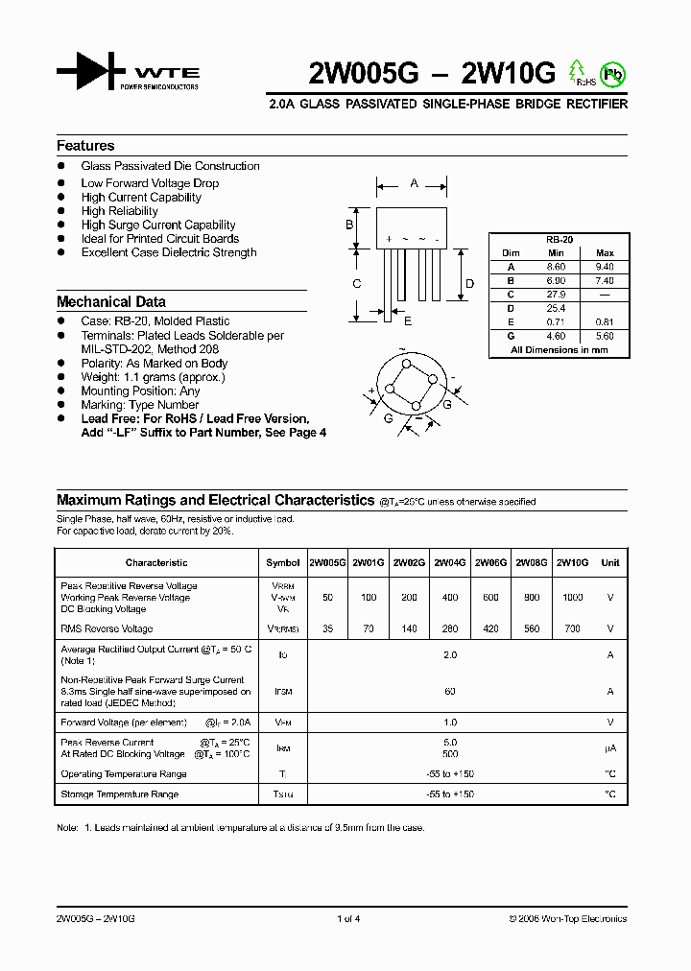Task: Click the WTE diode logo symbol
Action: tap(91, 73)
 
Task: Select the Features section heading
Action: tap(85, 146)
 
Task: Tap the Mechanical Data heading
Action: tap(110, 301)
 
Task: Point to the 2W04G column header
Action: tap(450, 562)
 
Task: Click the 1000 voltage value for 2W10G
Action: tap(572, 597)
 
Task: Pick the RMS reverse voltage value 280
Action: tap(450, 629)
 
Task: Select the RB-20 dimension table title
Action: tap(559, 240)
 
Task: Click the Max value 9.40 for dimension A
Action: tap(605, 267)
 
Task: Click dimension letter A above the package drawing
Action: tap(414, 182)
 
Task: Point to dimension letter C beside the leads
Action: tap(356, 283)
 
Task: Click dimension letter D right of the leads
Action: tap(469, 283)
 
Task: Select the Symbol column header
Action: tap(282, 562)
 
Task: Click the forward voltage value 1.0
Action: tap(450, 722)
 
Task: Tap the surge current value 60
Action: tap(450, 692)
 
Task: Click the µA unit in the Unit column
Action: tap(609, 748)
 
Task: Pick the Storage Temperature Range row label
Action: tap(120, 794)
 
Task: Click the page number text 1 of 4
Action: tap(348, 919)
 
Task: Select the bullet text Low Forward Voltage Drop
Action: tap(150, 183)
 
